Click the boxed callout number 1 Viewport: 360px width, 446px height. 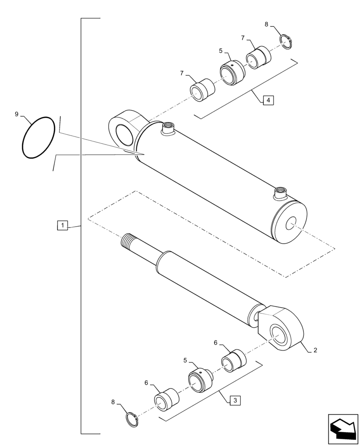(63, 226)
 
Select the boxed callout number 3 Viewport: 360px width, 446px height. (235, 400)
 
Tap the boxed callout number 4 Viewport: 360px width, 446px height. (268, 100)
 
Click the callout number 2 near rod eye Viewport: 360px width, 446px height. (315, 350)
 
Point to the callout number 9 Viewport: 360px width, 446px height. (16, 115)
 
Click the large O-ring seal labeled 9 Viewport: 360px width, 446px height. (39, 137)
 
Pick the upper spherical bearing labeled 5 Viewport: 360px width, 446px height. (232, 72)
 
